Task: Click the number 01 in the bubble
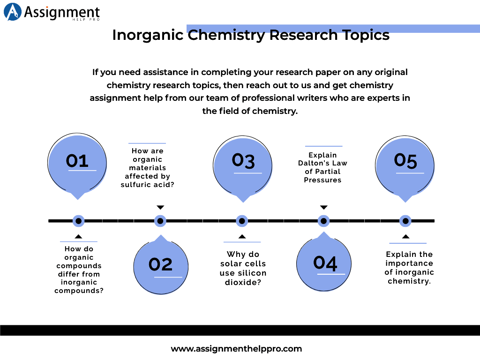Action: point(77,161)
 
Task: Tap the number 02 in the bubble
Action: point(161,264)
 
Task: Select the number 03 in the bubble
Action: point(243,160)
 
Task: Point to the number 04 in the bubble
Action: point(325,262)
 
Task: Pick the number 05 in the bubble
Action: point(405,160)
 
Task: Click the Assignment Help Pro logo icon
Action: point(13,12)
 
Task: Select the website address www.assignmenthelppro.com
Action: point(236,348)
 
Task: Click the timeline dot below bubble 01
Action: point(78,221)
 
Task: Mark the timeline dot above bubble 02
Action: point(160,221)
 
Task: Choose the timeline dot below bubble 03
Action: point(242,221)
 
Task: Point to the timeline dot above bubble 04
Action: point(323,221)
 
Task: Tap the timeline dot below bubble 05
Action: point(405,221)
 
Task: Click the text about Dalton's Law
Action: point(322,167)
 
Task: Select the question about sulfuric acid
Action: point(147,168)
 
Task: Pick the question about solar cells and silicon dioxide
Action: point(243,268)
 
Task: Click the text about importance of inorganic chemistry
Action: point(409,268)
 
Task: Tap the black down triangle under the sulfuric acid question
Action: point(160,207)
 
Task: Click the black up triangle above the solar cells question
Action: point(242,236)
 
